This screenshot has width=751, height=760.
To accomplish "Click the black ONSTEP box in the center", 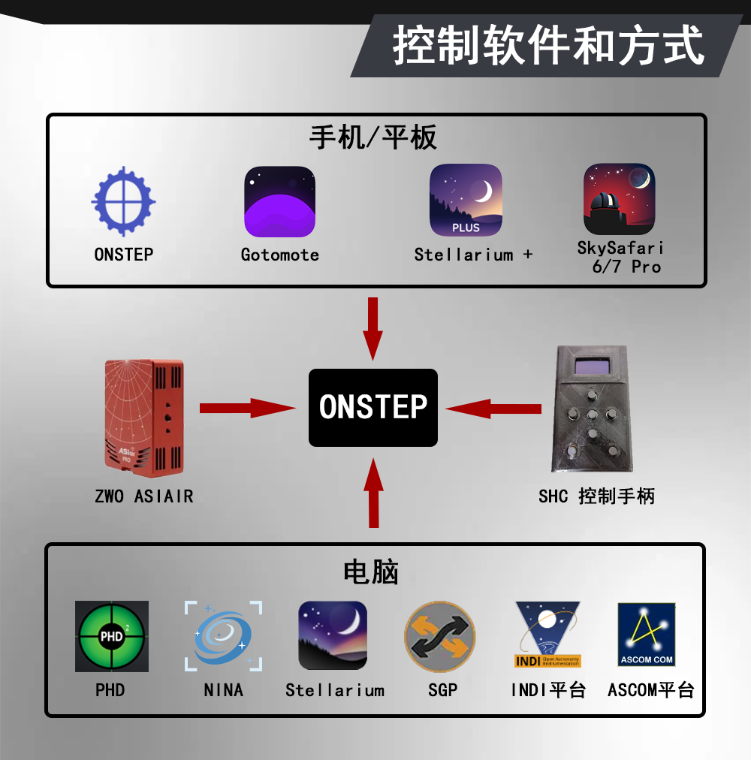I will click(x=373, y=408).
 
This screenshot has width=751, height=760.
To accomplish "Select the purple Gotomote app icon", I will click(x=279, y=201).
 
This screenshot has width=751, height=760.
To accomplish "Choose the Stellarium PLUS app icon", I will click(x=466, y=200).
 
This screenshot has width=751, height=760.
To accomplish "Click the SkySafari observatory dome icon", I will click(x=620, y=200).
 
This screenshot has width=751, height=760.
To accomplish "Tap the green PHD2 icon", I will click(x=111, y=636).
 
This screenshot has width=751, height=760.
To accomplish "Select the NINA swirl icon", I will click(x=223, y=636).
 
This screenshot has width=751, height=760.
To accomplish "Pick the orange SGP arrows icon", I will click(x=441, y=636).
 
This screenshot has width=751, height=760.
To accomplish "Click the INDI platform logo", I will click(x=547, y=635).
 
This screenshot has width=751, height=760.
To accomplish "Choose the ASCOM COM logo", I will click(x=647, y=635).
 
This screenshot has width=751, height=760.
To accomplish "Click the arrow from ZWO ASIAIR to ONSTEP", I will click(x=248, y=408).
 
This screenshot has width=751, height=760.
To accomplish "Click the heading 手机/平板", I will click(x=373, y=137).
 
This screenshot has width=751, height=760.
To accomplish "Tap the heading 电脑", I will click(x=370, y=572).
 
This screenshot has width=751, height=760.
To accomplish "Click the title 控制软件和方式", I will click(x=549, y=47).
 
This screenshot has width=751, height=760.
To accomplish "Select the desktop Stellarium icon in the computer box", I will click(x=333, y=636).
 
